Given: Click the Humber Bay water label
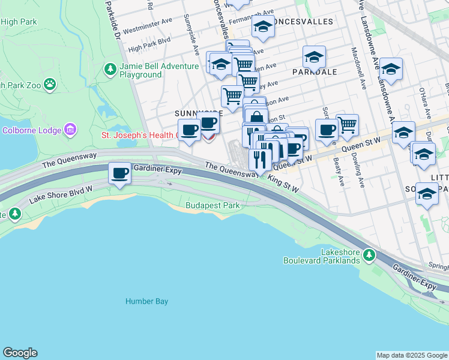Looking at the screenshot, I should click(x=146, y=302).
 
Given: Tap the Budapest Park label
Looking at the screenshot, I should click(x=212, y=206).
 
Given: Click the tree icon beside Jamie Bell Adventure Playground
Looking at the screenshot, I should click(x=110, y=70).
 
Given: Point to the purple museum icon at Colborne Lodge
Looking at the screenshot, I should click(x=70, y=130).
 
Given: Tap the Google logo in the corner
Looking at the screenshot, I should click(x=20, y=353).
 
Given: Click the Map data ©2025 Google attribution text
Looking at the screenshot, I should click(x=411, y=355).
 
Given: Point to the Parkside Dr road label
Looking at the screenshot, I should click(x=112, y=18).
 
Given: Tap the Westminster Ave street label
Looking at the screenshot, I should click(x=146, y=28).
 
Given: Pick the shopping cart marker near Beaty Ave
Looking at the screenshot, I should click(x=347, y=125).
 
